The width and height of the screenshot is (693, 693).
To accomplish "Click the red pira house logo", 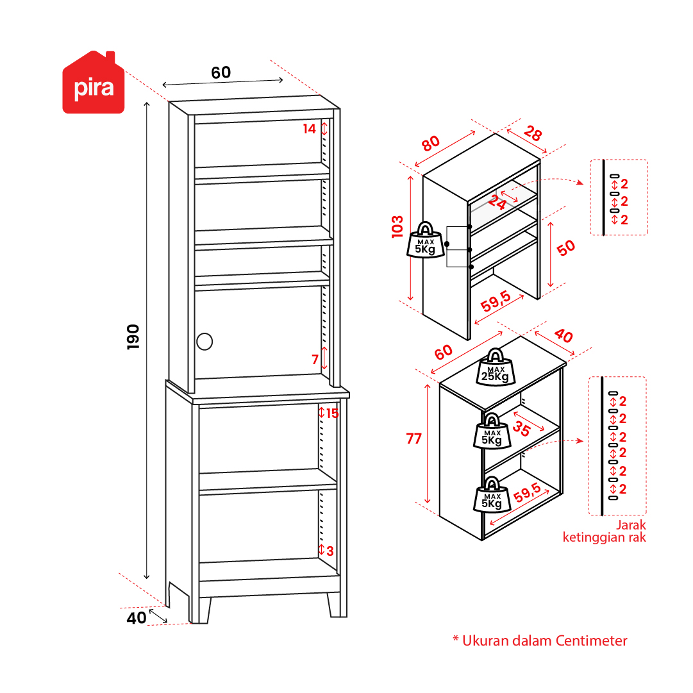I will (x=93, y=84).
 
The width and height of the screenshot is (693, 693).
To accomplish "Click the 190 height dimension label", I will (x=133, y=337).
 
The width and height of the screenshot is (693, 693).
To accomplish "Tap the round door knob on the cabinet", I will (x=205, y=341).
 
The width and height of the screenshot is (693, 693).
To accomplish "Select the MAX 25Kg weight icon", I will (x=495, y=367).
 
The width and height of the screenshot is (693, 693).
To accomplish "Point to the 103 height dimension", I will (x=397, y=227).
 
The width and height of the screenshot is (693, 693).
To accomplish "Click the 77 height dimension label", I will (x=414, y=438).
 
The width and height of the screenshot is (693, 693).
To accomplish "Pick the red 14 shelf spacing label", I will (x=310, y=129).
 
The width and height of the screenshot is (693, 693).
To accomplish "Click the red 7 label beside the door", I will (x=315, y=360).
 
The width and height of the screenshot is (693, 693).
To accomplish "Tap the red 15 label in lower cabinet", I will (x=332, y=413).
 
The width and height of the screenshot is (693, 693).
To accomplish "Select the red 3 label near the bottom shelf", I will (x=330, y=551).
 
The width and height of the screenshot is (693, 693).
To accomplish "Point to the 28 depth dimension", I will (x=532, y=134).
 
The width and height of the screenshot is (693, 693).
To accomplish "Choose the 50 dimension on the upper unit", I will (x=566, y=248).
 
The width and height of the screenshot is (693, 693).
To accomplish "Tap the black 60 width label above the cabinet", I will (x=221, y=73).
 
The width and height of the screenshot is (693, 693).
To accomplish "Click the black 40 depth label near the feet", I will (x=137, y=619).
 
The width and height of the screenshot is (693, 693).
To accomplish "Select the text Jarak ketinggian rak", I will (x=605, y=531).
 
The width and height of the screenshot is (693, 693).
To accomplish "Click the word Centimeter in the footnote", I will (x=591, y=640).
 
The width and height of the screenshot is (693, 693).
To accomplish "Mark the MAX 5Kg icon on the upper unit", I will (x=425, y=240).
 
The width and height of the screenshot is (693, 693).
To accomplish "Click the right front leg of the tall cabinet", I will (x=334, y=605).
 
